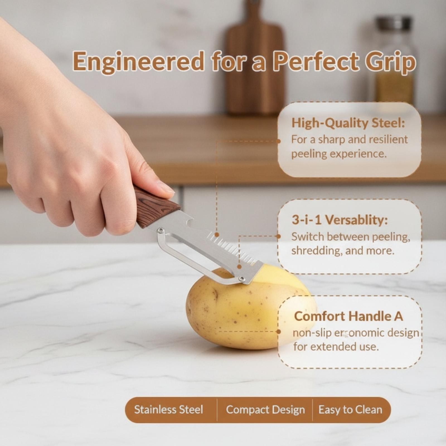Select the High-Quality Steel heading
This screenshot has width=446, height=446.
348,123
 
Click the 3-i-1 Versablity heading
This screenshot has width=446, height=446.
340,220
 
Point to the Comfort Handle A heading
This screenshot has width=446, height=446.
348,316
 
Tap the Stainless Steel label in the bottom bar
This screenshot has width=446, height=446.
169,409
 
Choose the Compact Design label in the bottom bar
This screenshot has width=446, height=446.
265,410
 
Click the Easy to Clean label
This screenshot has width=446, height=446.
350,410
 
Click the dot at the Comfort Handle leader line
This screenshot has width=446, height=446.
278,331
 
